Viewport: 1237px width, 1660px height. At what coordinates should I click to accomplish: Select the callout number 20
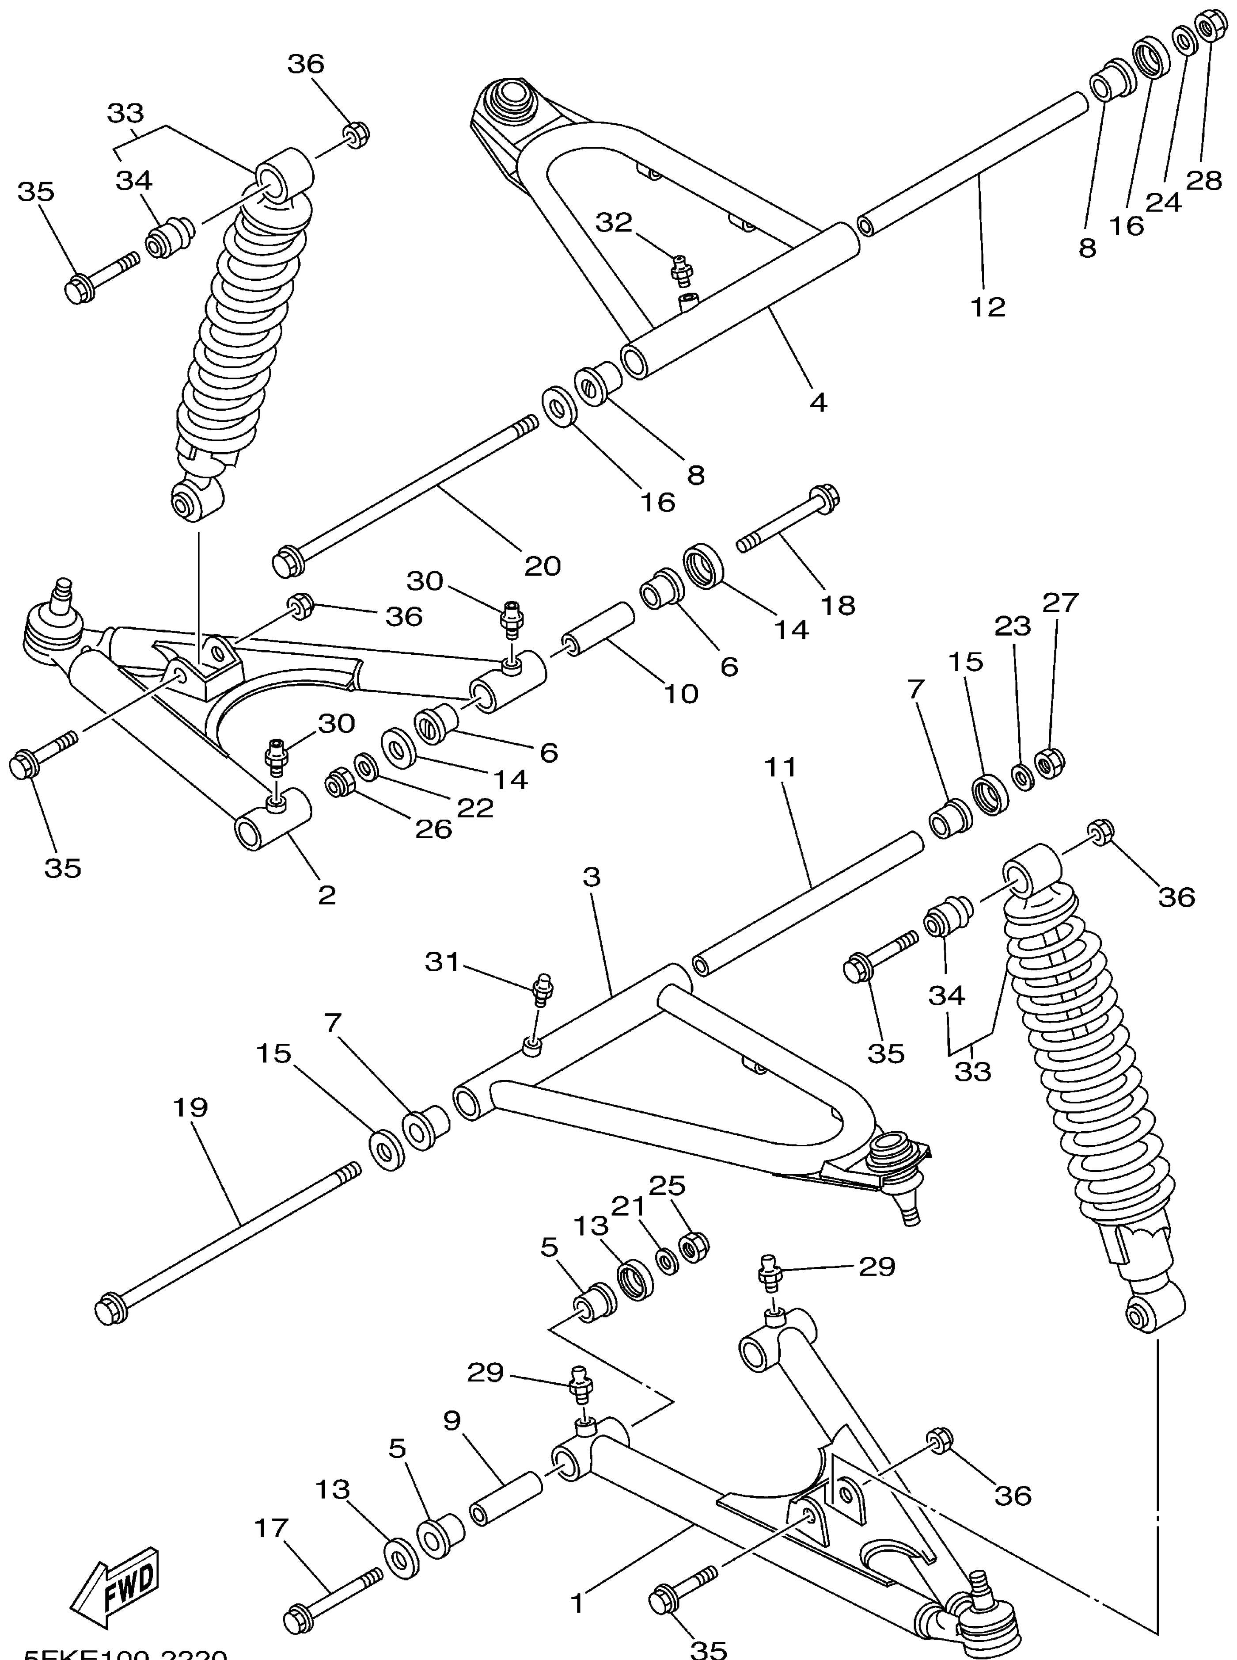coord(542,565)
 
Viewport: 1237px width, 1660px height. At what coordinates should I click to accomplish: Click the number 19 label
coord(190,1107)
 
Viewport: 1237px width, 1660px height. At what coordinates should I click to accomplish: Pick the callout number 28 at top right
coord(1204,180)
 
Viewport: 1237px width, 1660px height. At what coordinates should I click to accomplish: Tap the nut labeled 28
coord(1206,28)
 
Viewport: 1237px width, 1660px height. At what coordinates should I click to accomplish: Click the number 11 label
coord(782,767)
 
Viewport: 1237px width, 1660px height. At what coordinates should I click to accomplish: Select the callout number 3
coord(592,877)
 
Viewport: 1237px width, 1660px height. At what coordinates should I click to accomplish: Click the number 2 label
coord(326,894)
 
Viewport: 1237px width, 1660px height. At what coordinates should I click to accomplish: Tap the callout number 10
coord(681,693)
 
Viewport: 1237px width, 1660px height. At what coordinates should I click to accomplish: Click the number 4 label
coord(819,402)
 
